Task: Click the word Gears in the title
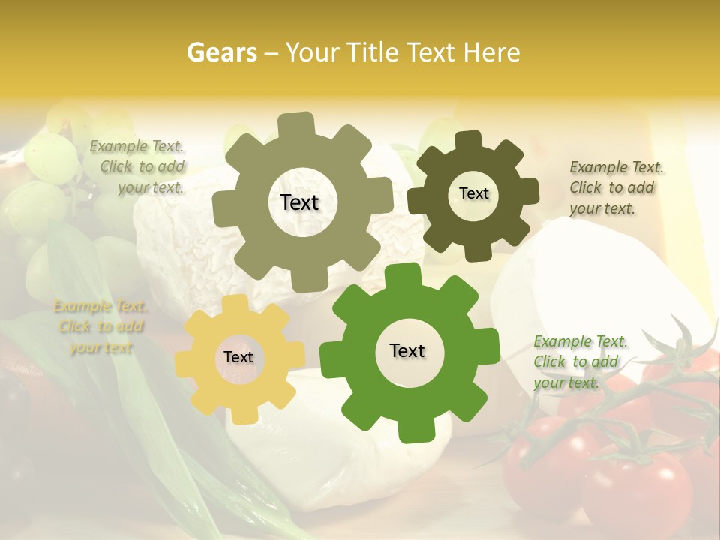[221, 52]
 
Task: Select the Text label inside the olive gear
[299, 202]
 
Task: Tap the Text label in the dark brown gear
[473, 193]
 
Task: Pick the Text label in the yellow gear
[238, 357]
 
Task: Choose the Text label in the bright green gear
[407, 350]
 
